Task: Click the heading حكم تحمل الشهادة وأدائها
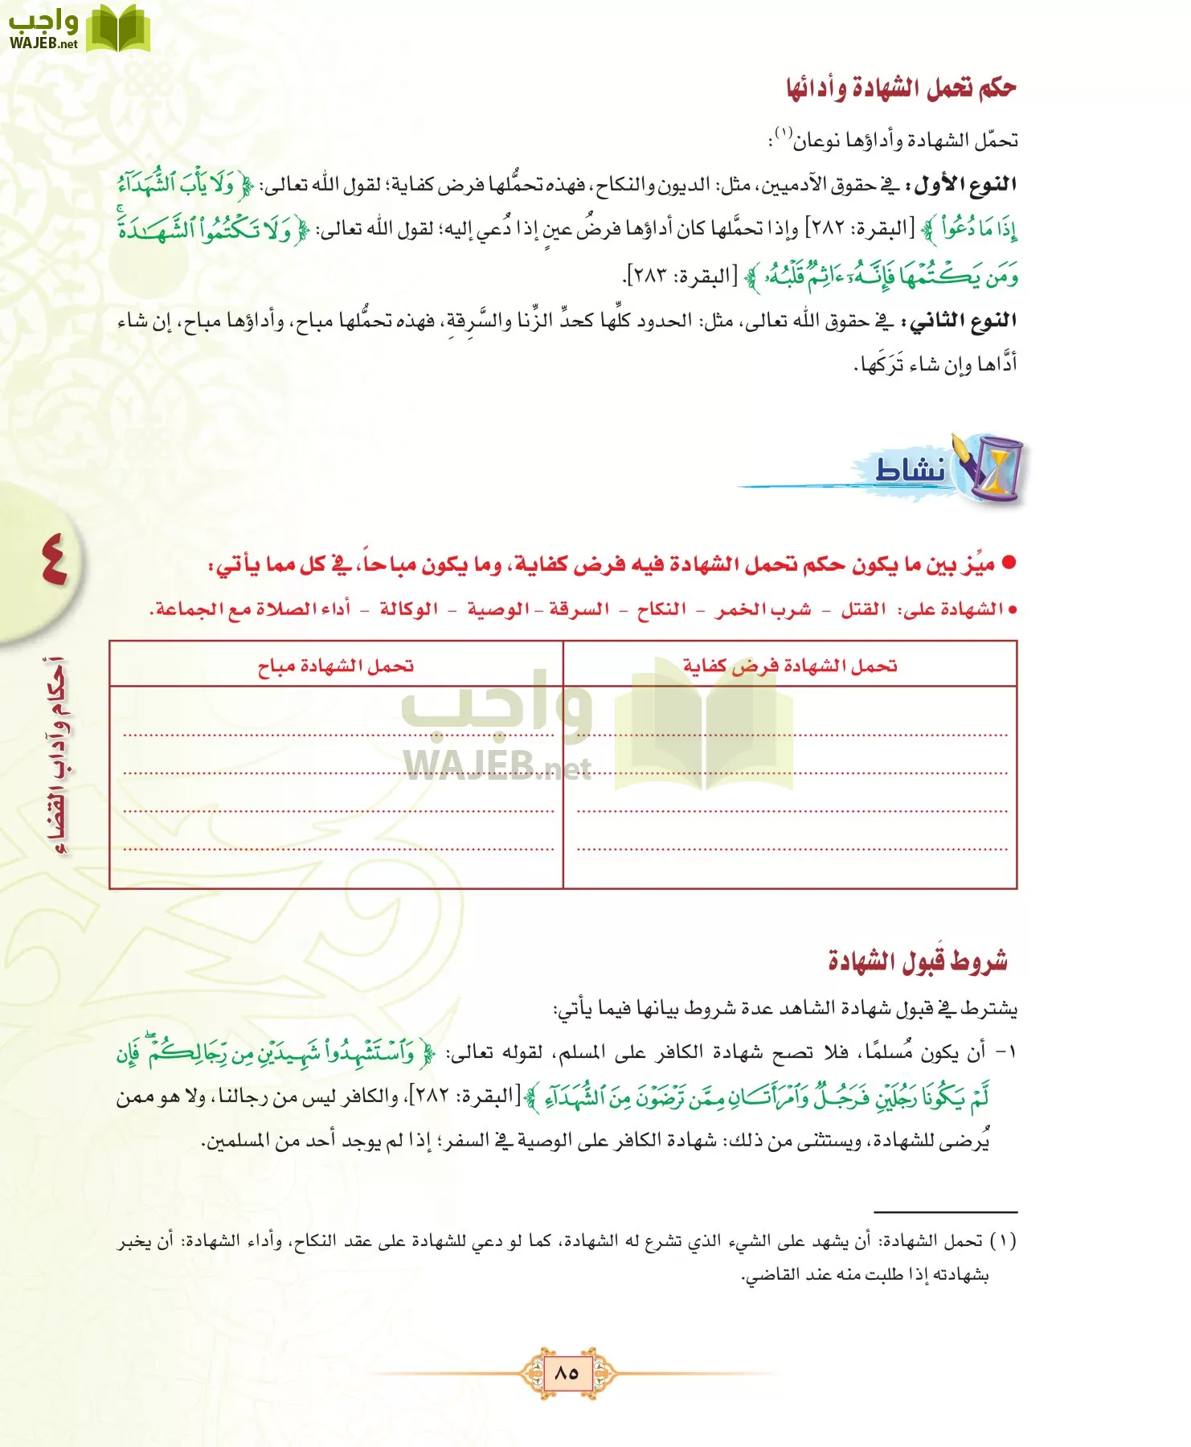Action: pyautogui.click(x=901, y=88)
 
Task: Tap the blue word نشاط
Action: pyautogui.click(x=910, y=469)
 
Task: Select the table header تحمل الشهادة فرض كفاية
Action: pyautogui.click(x=790, y=666)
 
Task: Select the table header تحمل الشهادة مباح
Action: pyautogui.click(x=335, y=666)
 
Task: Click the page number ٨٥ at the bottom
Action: pyautogui.click(x=567, y=1372)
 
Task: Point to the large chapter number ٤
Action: pyautogui.click(x=53, y=560)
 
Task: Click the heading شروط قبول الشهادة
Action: pyautogui.click(x=918, y=961)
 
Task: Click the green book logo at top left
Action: pyautogui.click(x=117, y=30)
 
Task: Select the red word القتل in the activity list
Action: pyautogui.click(x=863, y=609)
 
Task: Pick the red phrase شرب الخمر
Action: pyautogui.click(x=763, y=609)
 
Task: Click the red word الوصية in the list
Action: pyautogui.click(x=498, y=609)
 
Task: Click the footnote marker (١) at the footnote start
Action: pyautogui.click(x=1003, y=1241)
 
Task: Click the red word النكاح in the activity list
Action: pyautogui.click(x=661, y=609)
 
